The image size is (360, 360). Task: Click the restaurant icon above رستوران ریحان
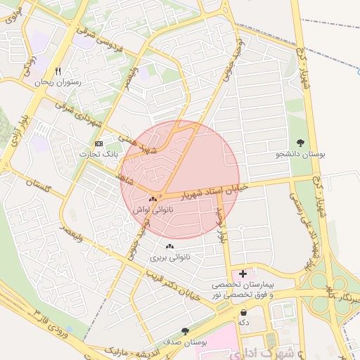click(x=58, y=72)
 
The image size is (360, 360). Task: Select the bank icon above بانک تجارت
click(x=98, y=143)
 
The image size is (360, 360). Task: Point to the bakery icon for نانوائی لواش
click(x=153, y=201)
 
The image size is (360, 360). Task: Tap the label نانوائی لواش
click(x=153, y=210)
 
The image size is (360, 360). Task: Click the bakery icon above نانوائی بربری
click(x=169, y=247)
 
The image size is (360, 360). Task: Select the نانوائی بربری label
click(x=169, y=257)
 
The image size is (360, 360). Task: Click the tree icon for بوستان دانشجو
click(x=301, y=143)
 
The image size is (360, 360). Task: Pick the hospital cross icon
click(x=243, y=273)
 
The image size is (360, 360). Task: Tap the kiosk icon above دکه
click(x=243, y=313)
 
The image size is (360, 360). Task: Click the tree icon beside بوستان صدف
click(x=185, y=331)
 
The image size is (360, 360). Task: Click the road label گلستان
click(x=38, y=187)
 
